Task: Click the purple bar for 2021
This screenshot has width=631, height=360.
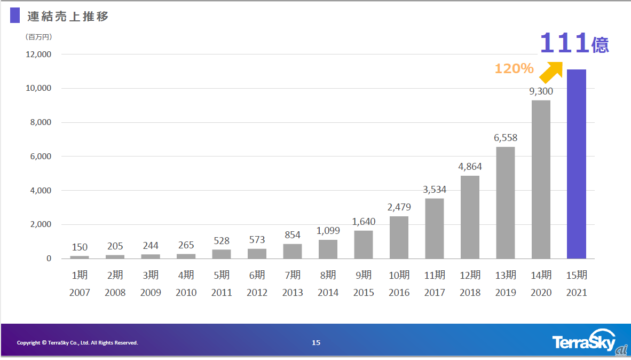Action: pyautogui.click(x=577, y=164)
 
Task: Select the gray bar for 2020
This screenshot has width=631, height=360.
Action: pyautogui.click(x=541, y=179)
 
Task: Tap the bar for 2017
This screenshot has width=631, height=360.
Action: pyautogui.click(x=435, y=229)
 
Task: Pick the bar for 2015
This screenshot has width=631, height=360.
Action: pyautogui.click(x=364, y=245)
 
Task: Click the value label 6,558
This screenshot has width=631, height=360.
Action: pyautogui.click(x=506, y=138)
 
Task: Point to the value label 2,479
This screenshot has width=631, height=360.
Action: pyautogui.click(x=399, y=207)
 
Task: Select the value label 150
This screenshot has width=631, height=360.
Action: pyautogui.click(x=80, y=247)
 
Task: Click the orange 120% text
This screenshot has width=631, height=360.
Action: pyautogui.click(x=514, y=68)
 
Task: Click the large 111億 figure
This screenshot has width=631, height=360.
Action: pyautogui.click(x=574, y=43)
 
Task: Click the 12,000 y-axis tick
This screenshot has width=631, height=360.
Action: pyautogui.click(x=38, y=54)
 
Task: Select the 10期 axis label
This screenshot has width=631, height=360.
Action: pyautogui.click(x=399, y=275)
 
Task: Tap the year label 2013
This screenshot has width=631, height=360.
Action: pyautogui.click(x=293, y=293)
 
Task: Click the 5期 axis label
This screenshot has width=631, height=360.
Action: pyautogui.click(x=221, y=275)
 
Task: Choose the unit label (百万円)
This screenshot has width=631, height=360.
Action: pyautogui.click(x=38, y=37)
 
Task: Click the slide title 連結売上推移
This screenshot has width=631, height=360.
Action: pyautogui.click(x=68, y=17)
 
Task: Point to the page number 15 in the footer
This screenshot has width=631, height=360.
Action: pyautogui.click(x=316, y=342)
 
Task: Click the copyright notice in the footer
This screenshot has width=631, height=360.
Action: pyautogui.click(x=77, y=342)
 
